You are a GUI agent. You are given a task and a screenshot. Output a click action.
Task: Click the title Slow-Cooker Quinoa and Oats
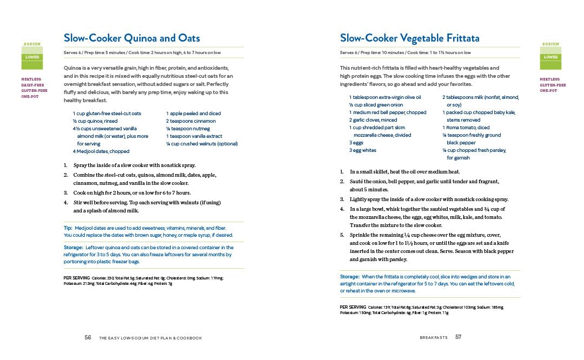point(131,38)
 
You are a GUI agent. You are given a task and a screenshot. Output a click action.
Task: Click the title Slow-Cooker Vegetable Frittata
point(409,38)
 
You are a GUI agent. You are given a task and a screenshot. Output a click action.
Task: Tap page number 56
point(88,337)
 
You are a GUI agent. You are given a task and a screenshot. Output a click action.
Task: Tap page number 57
point(458,337)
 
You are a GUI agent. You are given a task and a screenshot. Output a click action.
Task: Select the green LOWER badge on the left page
point(32,57)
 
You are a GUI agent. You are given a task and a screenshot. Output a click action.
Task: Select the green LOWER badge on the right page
point(550,57)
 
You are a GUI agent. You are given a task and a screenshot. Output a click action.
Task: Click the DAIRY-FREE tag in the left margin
point(34,85)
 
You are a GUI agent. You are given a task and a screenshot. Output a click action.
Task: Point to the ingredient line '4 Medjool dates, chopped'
point(101,151)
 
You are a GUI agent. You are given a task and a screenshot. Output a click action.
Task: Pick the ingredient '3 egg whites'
point(363,150)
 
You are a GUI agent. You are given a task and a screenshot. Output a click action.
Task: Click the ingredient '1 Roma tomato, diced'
point(466,128)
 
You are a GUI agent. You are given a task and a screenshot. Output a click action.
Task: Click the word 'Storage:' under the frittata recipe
point(349,276)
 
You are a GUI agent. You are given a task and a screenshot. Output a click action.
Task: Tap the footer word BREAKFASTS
point(433,338)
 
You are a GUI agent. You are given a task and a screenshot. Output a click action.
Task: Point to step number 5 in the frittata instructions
point(342,235)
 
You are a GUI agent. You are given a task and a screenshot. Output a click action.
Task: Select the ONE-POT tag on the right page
point(549,91)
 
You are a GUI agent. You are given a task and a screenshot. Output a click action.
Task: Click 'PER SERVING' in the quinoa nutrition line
point(76,278)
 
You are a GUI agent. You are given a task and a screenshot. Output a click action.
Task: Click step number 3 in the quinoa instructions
point(65,192)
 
